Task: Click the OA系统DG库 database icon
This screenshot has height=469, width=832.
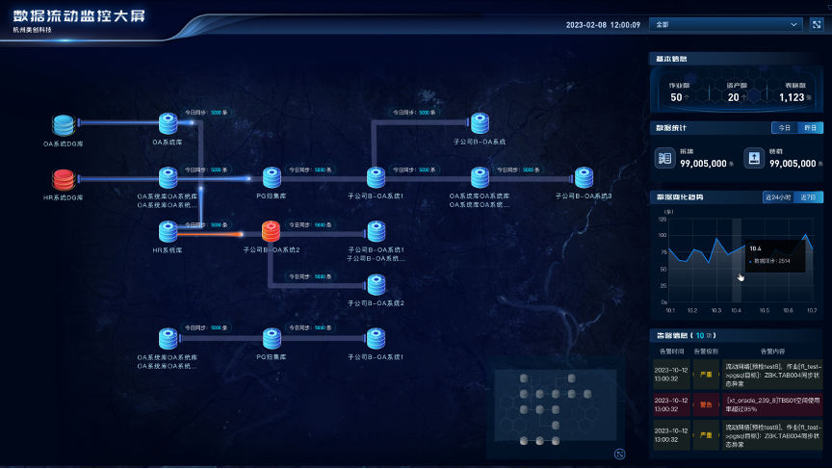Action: coord(64,124)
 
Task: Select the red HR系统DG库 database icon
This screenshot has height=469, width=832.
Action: coord(64,178)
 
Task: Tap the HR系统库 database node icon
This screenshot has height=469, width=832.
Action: coord(168,231)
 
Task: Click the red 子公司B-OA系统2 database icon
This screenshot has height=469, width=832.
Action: coord(271,231)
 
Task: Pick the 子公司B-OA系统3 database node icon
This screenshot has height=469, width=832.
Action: coord(584,178)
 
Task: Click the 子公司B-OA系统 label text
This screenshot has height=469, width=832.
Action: coord(480,142)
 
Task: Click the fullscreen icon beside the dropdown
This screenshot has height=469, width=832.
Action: coord(816,24)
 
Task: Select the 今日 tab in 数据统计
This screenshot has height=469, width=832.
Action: coord(784,128)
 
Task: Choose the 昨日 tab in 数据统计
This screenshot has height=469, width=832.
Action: coord(811,128)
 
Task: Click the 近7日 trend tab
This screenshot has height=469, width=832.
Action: coord(810,197)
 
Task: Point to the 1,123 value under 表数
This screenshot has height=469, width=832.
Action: coord(793,96)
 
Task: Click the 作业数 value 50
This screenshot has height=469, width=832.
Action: coord(676,96)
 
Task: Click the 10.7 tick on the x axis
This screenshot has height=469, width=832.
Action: coord(811,310)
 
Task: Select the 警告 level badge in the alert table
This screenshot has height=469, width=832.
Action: coord(706,404)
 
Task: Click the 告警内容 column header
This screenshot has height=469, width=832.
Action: coord(772,352)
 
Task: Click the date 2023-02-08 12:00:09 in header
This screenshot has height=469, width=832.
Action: coord(603,25)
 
